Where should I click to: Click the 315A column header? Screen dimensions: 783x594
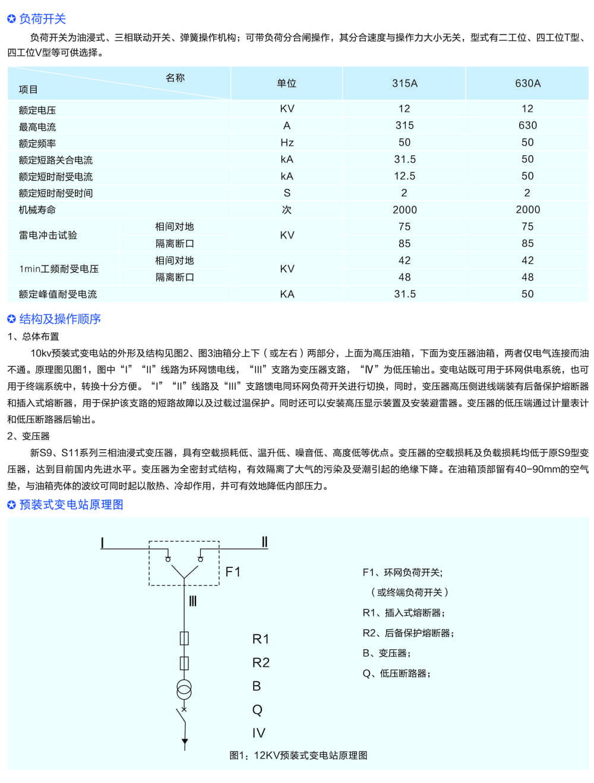click(x=405, y=83)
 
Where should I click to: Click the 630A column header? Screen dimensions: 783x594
click(x=527, y=83)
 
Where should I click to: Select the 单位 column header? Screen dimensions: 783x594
click(x=286, y=83)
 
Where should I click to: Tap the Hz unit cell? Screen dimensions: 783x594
click(x=287, y=143)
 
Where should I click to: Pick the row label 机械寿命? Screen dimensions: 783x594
click(x=37, y=210)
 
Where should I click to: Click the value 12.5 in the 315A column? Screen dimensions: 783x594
click(x=405, y=176)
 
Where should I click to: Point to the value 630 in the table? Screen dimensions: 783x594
click(x=527, y=125)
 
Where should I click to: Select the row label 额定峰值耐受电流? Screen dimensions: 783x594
click(x=58, y=294)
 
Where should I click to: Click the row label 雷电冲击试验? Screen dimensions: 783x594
click(x=48, y=235)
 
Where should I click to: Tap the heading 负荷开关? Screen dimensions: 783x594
click(x=42, y=19)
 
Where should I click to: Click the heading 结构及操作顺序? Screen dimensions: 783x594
click(x=60, y=319)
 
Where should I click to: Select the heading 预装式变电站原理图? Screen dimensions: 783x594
click(x=71, y=505)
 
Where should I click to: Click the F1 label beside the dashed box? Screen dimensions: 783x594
click(x=233, y=572)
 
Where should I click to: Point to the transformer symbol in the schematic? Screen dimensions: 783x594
click(x=184, y=689)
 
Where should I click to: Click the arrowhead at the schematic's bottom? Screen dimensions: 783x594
click(x=185, y=742)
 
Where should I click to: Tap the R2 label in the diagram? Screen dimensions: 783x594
click(x=261, y=662)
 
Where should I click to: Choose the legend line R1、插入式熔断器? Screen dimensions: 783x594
click(x=403, y=612)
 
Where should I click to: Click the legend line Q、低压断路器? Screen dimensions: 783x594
click(x=396, y=673)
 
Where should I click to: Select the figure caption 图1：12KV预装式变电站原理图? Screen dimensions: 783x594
click(x=298, y=755)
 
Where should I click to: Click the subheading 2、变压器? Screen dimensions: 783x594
click(x=29, y=436)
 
